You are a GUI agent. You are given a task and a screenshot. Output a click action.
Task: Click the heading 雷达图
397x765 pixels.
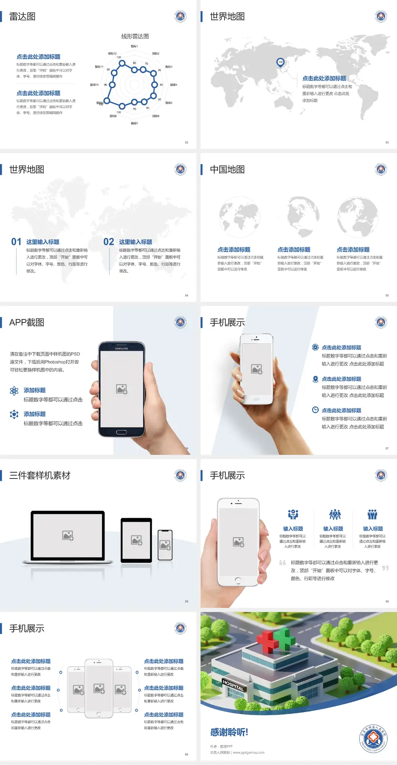tap(22, 17)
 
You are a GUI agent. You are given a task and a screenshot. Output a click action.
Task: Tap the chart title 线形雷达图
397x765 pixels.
tap(135, 36)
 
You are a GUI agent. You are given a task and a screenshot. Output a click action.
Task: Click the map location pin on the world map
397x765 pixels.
tap(280, 62)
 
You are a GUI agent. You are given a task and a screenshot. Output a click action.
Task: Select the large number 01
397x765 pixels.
tap(16, 242)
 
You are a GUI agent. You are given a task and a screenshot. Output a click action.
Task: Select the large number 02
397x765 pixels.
tap(109, 242)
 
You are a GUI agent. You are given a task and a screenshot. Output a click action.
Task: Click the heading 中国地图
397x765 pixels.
tap(227, 170)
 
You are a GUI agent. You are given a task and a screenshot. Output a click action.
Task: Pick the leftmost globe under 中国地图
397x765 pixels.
tap(239, 217)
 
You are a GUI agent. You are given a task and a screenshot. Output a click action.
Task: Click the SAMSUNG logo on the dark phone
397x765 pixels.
tap(122, 349)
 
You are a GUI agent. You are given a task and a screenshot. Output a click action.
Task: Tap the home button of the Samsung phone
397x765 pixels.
tap(121, 432)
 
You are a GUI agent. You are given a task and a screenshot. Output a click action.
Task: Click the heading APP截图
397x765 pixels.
tap(26, 323)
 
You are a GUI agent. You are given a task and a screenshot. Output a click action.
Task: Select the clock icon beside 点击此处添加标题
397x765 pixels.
tap(315, 410)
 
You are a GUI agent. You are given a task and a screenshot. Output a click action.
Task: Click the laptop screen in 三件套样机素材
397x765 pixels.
tap(68, 535)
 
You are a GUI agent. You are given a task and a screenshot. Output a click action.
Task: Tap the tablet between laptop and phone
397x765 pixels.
tap(136, 540)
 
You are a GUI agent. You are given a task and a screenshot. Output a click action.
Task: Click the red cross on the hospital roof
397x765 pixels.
tap(268, 640)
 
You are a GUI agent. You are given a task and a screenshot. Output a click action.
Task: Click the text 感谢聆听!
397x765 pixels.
tap(229, 732)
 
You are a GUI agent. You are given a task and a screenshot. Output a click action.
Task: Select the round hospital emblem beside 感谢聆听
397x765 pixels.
tap(373, 738)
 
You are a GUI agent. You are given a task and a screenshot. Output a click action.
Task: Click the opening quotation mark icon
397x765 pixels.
tap(282, 563)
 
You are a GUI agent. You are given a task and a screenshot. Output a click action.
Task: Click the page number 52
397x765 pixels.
tap(187, 142)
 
